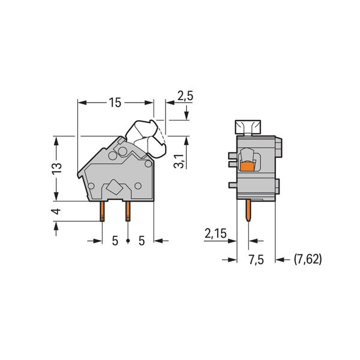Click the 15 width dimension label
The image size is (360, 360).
click(x=115, y=103)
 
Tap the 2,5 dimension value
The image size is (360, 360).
click(x=185, y=95)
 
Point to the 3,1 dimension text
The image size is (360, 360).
click(x=179, y=161)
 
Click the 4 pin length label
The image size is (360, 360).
click(x=57, y=211)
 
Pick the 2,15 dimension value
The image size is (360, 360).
click(x=215, y=233)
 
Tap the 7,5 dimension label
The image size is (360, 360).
click(x=256, y=260)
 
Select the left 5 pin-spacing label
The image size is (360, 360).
click(x=115, y=241)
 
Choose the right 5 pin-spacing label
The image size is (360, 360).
click(x=142, y=241)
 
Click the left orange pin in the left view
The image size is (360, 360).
click(x=102, y=211)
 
